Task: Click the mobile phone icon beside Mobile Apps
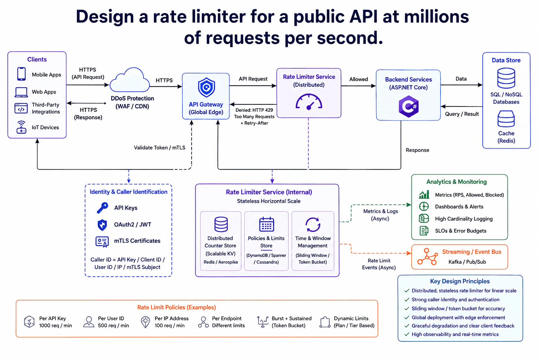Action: (x=21, y=74)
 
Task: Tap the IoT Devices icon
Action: (x=21, y=127)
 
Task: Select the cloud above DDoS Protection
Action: (x=130, y=80)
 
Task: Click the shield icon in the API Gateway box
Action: (x=206, y=87)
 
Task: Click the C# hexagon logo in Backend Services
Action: (x=409, y=106)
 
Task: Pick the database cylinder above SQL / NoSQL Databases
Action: (x=506, y=78)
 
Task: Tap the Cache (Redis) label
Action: (x=506, y=137)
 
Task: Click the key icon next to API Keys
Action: (x=102, y=208)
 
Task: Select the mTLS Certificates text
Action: (x=137, y=240)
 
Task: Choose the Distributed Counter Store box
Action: (x=220, y=241)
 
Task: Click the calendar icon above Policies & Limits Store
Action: (x=266, y=224)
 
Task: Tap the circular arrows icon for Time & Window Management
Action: (x=313, y=225)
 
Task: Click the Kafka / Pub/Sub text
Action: (x=467, y=262)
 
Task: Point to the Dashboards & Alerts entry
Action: (x=459, y=207)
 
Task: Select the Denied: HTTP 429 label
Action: (x=254, y=110)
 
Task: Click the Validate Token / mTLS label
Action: (x=160, y=148)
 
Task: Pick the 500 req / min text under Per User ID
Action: (x=113, y=326)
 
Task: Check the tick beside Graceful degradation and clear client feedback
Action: (x=407, y=326)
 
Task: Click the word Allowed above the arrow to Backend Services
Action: (x=359, y=79)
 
